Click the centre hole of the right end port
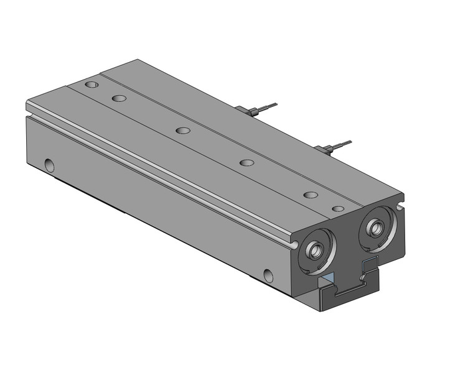(x=375, y=227)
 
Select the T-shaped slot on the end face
(x=349, y=285)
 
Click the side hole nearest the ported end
(x=268, y=274)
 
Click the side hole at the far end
(x=49, y=165)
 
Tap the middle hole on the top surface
(x=182, y=131)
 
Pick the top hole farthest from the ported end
(x=92, y=84)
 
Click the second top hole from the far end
(x=118, y=98)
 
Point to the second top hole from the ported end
(x=311, y=195)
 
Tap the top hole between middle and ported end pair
(x=247, y=163)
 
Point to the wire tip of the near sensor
(x=350, y=142)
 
